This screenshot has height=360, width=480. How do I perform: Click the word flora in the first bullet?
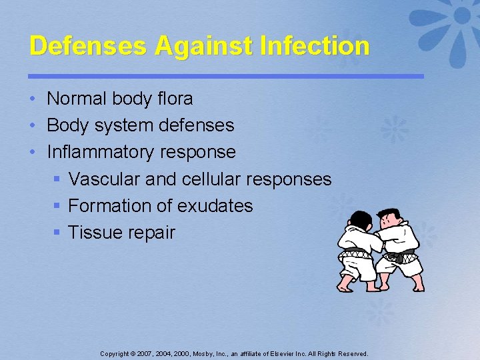point(175,99)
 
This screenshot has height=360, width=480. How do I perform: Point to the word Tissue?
point(91,233)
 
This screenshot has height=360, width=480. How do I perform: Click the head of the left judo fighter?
point(360,221)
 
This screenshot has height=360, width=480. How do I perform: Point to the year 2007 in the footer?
point(141,354)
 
